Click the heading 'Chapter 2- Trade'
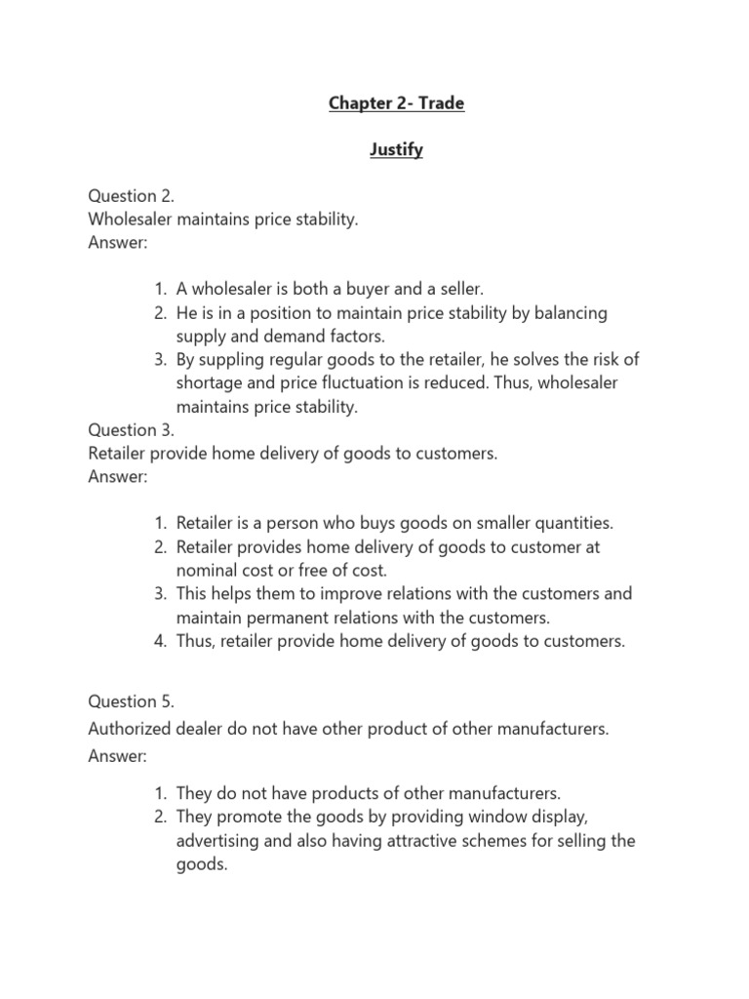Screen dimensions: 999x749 [x=396, y=103]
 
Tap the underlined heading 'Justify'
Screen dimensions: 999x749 [x=395, y=150]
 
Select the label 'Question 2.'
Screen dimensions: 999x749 [x=132, y=196]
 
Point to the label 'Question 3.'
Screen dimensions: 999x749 [x=132, y=429]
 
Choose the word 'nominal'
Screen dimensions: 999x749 [x=206, y=571]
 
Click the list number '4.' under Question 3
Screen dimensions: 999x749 [x=160, y=641]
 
